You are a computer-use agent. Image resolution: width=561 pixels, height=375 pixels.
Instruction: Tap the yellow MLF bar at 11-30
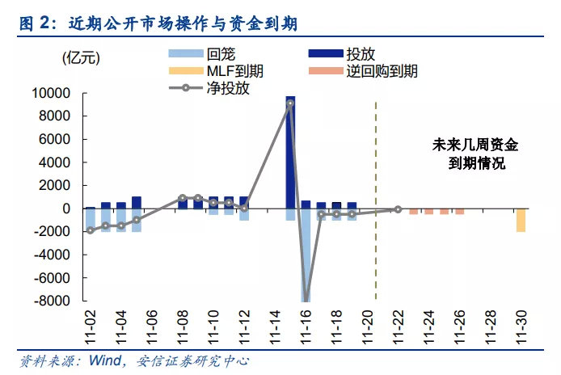[x=521, y=220]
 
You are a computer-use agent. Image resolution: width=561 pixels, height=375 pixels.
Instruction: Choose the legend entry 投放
[x=360, y=54]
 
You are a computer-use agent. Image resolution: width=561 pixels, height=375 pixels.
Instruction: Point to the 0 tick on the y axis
[x=69, y=209]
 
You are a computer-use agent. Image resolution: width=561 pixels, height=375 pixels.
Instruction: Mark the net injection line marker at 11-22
[x=398, y=209]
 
